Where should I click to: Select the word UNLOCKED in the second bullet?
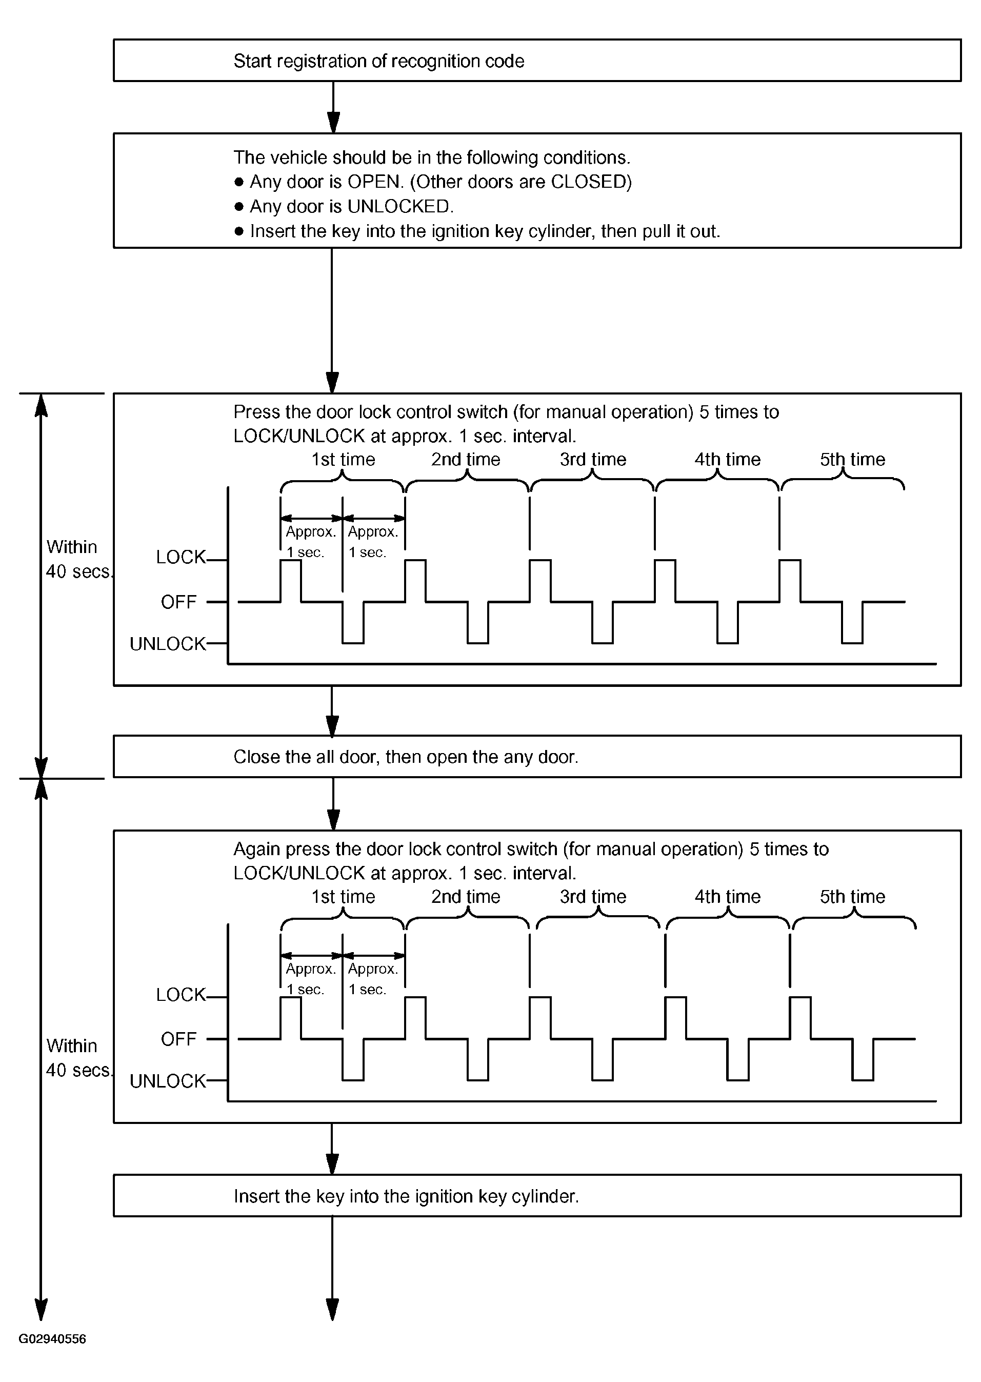[x=399, y=207]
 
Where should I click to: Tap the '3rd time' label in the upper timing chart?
[x=593, y=459]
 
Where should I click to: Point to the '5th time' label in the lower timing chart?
[x=852, y=896]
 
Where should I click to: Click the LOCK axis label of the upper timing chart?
[x=181, y=557]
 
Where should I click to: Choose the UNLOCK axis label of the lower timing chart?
[x=167, y=1081]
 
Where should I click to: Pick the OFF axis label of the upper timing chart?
[x=179, y=602]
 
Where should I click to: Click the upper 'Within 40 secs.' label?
[x=78, y=559]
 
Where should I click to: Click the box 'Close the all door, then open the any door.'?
[x=536, y=756]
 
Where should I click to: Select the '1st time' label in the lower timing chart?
[x=343, y=896]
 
